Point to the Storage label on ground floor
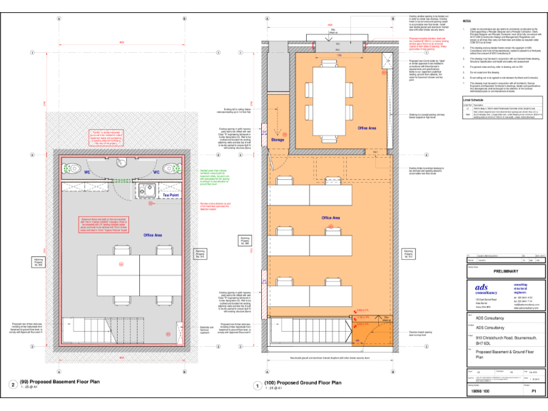click(x=278, y=141)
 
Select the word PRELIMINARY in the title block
click(x=504, y=271)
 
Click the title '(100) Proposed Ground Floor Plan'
click(x=302, y=382)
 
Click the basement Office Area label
click(x=153, y=235)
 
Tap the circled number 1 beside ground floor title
click(x=257, y=385)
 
